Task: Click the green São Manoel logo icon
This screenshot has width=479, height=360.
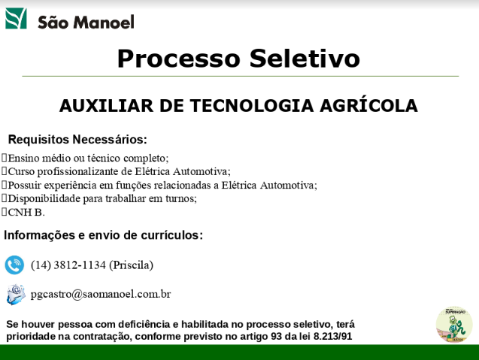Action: [16, 18]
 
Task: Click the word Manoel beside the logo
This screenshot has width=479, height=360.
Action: [104, 23]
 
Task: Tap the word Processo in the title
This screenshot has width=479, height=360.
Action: [179, 59]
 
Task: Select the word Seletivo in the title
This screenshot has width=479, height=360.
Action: [305, 59]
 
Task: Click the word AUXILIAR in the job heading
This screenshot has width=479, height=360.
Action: [106, 106]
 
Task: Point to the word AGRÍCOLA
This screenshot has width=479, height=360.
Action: [368, 106]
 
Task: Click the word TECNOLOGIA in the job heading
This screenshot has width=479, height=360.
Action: [252, 106]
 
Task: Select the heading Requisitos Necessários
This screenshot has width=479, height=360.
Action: [77, 139]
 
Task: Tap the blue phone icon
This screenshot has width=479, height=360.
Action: [14, 265]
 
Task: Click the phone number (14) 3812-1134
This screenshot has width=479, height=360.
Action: [68, 265]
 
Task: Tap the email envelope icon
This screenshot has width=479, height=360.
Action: [16, 295]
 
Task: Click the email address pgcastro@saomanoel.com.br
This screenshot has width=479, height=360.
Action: [101, 294]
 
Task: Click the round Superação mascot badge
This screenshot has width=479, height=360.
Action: [454, 325]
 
